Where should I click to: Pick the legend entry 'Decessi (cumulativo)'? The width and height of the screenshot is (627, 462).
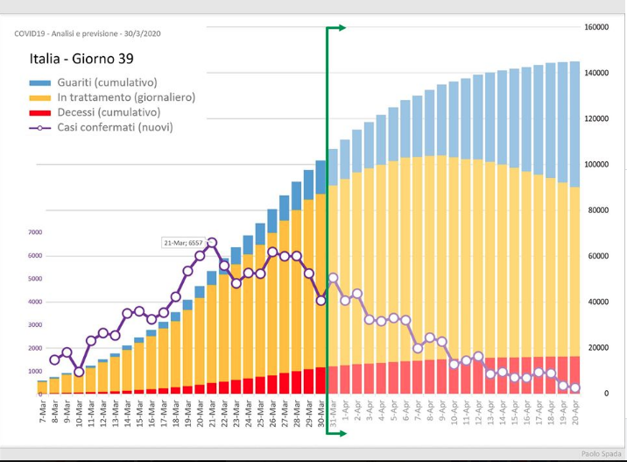pyautogui.click(x=109, y=112)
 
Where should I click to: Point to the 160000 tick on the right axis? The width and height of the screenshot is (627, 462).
pyautogui.click(x=596, y=27)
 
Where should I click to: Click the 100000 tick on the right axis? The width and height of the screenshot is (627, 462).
pyautogui.click(x=596, y=165)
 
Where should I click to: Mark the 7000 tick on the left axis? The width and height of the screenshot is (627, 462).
pyautogui.click(x=35, y=232)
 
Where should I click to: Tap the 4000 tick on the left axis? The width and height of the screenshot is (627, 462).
pyautogui.click(x=35, y=302)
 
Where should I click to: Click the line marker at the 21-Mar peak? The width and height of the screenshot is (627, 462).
pyautogui.click(x=212, y=243)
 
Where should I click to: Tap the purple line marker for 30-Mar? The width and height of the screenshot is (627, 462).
pyautogui.click(x=321, y=300)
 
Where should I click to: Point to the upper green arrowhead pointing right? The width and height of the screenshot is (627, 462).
pyautogui.click(x=341, y=28)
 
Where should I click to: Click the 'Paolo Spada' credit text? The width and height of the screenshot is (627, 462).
pyautogui.click(x=602, y=453)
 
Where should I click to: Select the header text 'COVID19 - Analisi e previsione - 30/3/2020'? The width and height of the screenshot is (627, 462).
pyautogui.click(x=88, y=33)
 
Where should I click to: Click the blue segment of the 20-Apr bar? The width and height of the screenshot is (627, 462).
pyautogui.click(x=574, y=124)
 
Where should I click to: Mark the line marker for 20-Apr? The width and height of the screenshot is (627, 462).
pyautogui.click(x=574, y=388)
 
